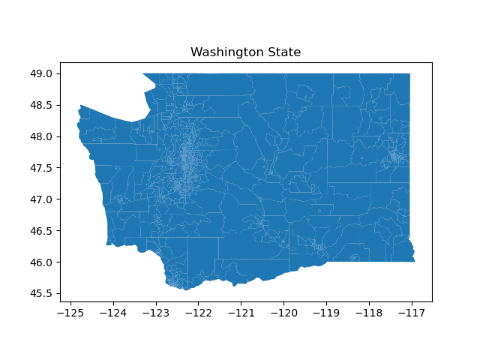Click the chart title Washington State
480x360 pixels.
coord(245,52)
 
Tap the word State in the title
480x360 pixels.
coord(284,52)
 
